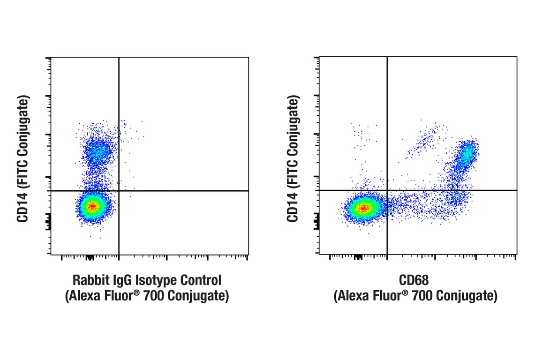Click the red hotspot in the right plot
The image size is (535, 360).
(x=363, y=208)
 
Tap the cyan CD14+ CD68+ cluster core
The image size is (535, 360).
(x=466, y=155)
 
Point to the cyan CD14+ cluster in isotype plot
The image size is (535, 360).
(x=98, y=152)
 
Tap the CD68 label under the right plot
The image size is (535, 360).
(x=414, y=281)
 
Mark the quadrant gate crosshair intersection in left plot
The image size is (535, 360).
(x=119, y=191)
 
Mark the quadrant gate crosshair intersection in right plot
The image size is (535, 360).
(x=387, y=190)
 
